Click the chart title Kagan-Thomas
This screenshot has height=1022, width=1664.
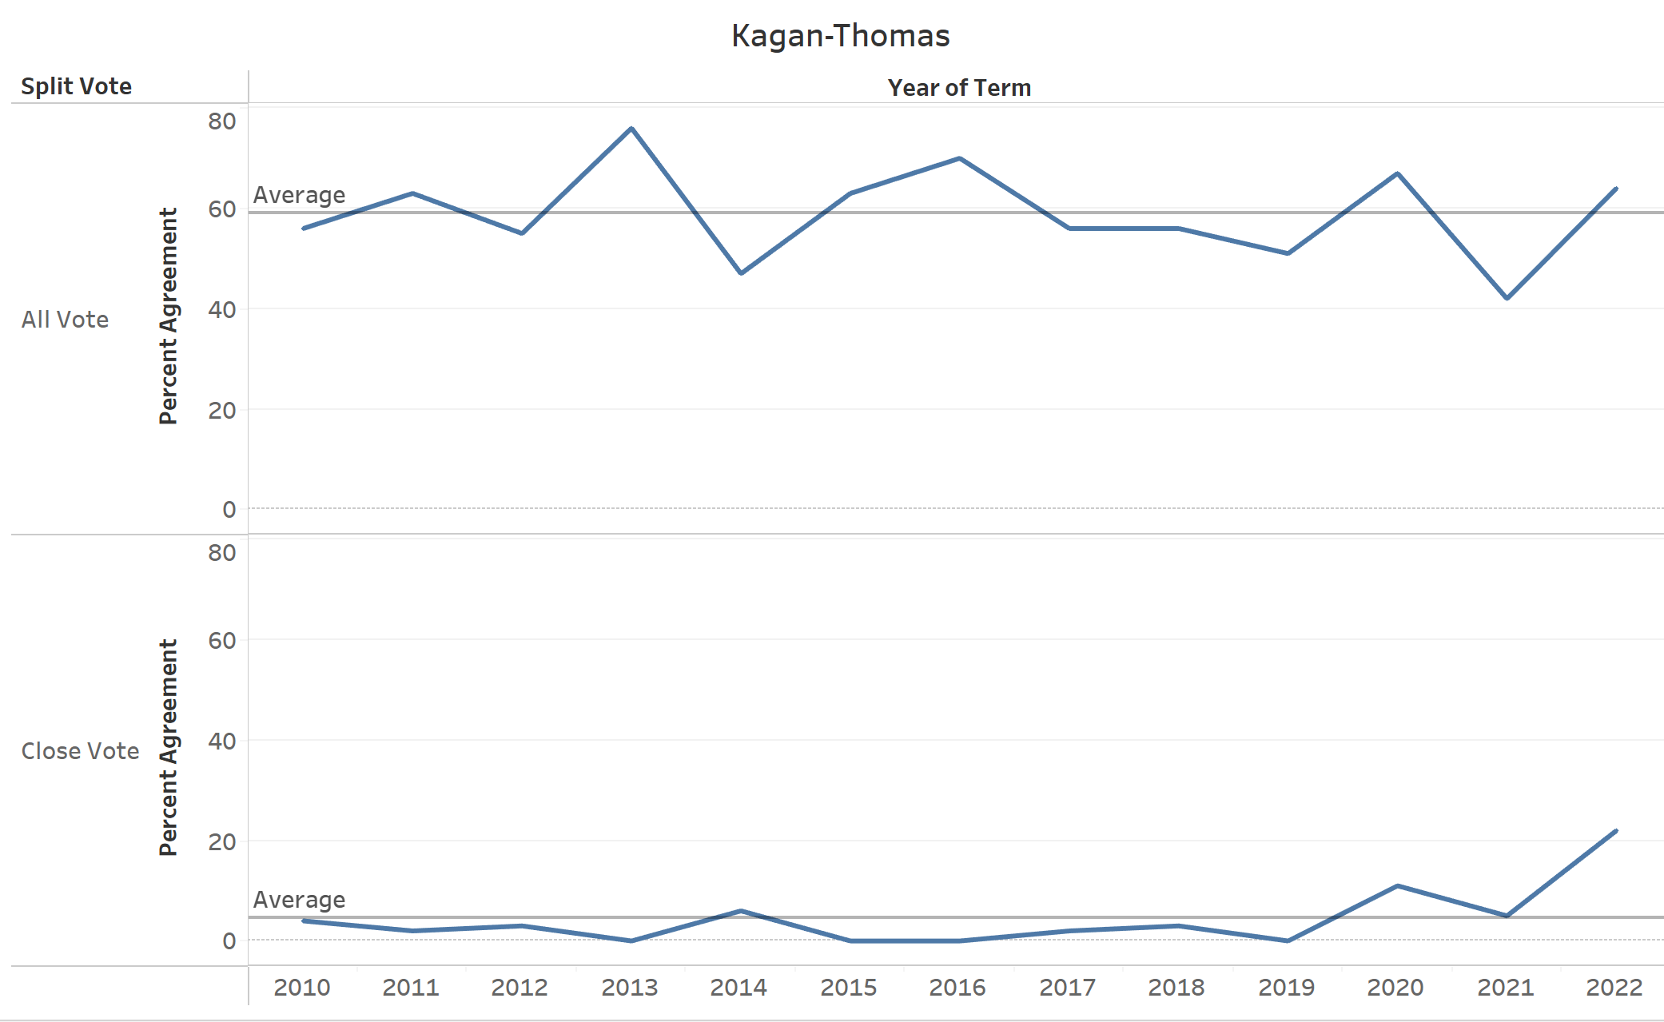pos(840,36)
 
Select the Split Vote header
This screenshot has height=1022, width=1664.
pos(76,86)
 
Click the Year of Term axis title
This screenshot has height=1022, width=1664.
pos(959,88)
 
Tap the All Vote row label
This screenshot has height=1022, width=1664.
pos(65,320)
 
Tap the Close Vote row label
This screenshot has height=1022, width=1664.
pos(80,751)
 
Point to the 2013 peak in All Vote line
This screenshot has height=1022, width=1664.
pos(631,128)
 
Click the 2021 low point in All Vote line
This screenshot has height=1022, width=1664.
pos(1507,298)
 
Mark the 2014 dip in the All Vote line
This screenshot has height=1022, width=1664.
pos(741,273)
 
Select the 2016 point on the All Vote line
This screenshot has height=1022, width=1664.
pos(959,158)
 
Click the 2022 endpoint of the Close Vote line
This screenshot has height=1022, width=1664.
pos(1616,831)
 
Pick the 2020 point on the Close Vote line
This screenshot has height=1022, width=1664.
pos(1397,885)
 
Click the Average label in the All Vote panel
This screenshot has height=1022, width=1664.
pos(299,195)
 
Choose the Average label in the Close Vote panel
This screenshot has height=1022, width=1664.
pos(299,900)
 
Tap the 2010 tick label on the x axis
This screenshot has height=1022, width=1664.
pos(302,988)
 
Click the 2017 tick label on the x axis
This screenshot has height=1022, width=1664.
pos(1068,988)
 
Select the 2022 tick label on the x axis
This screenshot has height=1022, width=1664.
pos(1614,988)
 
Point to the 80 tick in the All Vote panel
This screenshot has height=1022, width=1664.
pos(222,121)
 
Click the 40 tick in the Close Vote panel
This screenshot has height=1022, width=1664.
pos(222,742)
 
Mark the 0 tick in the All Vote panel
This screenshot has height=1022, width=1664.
pos(229,510)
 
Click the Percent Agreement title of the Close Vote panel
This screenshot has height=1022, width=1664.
pos(169,747)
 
